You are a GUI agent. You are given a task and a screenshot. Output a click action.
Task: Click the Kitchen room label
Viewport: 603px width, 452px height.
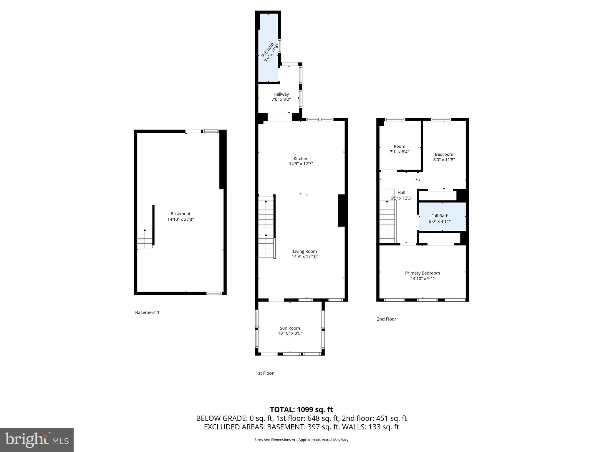[301, 159]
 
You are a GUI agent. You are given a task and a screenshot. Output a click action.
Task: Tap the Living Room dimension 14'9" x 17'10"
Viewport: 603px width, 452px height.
[305, 257]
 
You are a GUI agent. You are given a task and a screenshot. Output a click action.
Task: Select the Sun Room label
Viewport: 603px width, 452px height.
[290, 328]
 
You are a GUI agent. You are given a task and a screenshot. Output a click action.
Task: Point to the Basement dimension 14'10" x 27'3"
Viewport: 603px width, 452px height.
[180, 219]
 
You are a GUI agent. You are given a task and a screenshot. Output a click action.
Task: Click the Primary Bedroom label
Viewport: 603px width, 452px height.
[422, 273]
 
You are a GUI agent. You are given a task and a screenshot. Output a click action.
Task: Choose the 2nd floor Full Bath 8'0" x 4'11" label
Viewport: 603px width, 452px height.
[440, 218]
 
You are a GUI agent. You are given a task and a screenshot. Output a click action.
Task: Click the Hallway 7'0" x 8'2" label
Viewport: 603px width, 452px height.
[281, 97]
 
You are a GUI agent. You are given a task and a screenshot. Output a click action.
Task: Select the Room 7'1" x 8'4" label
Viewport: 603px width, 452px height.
[399, 149]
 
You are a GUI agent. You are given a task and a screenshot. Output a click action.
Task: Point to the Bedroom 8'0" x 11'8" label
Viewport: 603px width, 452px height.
[444, 157]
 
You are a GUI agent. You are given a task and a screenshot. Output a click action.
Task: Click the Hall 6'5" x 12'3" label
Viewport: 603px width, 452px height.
[401, 195]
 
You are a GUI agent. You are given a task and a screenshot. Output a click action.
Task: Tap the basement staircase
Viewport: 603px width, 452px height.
[145, 238]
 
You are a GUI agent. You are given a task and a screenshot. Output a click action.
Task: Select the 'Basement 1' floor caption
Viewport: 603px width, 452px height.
[147, 313]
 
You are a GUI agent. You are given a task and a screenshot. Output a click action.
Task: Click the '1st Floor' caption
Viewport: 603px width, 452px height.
[264, 373]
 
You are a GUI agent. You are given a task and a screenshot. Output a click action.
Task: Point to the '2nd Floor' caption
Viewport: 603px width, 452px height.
[386, 319]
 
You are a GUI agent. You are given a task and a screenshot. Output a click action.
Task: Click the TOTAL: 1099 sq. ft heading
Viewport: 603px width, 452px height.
[301, 410]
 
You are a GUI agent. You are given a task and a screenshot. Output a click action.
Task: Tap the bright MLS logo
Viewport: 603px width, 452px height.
[37, 440]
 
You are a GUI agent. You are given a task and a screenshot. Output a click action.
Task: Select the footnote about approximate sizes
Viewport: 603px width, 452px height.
[301, 440]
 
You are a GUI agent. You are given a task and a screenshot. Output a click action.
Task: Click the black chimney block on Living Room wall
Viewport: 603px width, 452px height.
[341, 210]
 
